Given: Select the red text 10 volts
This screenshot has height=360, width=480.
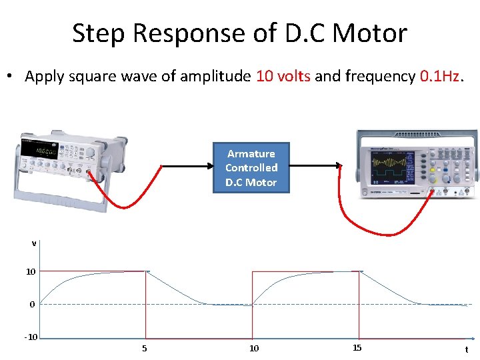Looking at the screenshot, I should (x=283, y=77).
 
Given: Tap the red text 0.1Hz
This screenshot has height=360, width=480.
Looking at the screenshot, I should (x=440, y=77).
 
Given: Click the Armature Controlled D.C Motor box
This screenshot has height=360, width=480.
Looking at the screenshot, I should (x=251, y=168).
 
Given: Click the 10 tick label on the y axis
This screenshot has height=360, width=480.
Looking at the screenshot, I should (x=31, y=272).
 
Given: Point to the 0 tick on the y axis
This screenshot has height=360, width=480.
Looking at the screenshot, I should (x=31, y=305).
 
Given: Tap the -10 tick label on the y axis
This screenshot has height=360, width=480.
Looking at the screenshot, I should (x=31, y=337).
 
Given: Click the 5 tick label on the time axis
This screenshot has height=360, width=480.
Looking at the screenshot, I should (x=145, y=348).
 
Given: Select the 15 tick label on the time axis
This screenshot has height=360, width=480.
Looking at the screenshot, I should (x=357, y=348).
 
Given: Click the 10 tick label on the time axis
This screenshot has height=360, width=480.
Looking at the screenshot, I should (x=253, y=348).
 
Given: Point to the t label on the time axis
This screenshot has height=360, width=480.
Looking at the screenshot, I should (x=466, y=349).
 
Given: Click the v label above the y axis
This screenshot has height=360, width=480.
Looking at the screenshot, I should (x=33, y=243).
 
